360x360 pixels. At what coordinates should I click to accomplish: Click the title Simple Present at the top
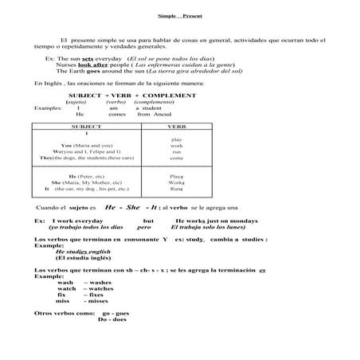pyautogui.click(x=179, y=16)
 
